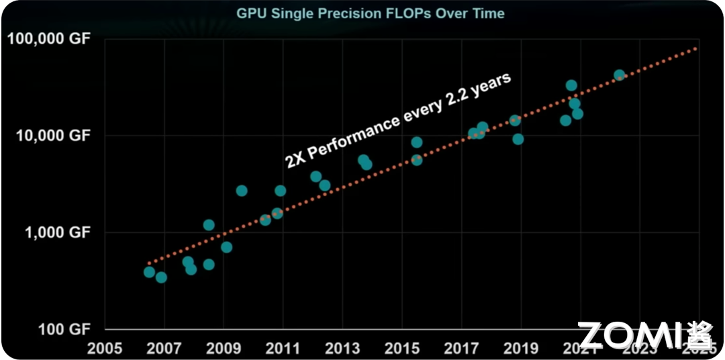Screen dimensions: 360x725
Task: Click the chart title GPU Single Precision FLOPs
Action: point(370,13)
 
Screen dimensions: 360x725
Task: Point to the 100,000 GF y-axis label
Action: point(48,38)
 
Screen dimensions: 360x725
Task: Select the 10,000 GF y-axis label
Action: point(51,135)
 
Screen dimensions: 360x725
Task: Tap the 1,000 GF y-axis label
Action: point(54,232)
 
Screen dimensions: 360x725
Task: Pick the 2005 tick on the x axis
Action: point(105,349)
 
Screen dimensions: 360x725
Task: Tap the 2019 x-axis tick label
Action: point(520,349)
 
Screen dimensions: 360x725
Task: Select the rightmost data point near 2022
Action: point(620,75)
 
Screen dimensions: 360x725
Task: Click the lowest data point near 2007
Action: point(161,277)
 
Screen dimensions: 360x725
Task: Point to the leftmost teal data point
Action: point(149,272)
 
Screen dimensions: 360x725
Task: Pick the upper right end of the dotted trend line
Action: point(695,48)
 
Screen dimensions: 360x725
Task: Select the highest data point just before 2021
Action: point(571,85)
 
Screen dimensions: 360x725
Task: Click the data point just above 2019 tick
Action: point(518,139)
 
